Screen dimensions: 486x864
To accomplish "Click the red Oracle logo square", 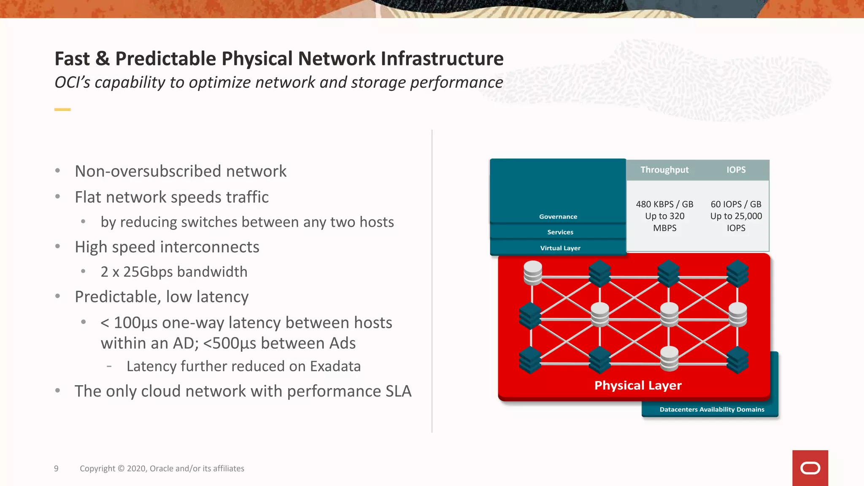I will [810, 468].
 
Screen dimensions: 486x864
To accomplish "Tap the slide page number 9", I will [56, 469].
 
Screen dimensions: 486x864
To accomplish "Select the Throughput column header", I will [664, 170].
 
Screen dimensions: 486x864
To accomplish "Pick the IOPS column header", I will [736, 170].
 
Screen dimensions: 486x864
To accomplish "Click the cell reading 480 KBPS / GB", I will [664, 205].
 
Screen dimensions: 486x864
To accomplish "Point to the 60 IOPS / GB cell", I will [736, 205].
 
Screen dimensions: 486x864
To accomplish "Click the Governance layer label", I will [558, 217].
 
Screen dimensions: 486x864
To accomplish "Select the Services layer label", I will [560, 232].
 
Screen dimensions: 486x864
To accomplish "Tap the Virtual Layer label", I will [560, 248].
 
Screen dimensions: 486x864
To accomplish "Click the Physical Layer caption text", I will [637, 386].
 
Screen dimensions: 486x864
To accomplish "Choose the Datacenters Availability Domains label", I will [711, 410].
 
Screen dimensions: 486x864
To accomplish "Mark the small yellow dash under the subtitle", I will [62, 110].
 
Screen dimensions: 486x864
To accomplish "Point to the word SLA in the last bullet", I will [398, 391].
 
